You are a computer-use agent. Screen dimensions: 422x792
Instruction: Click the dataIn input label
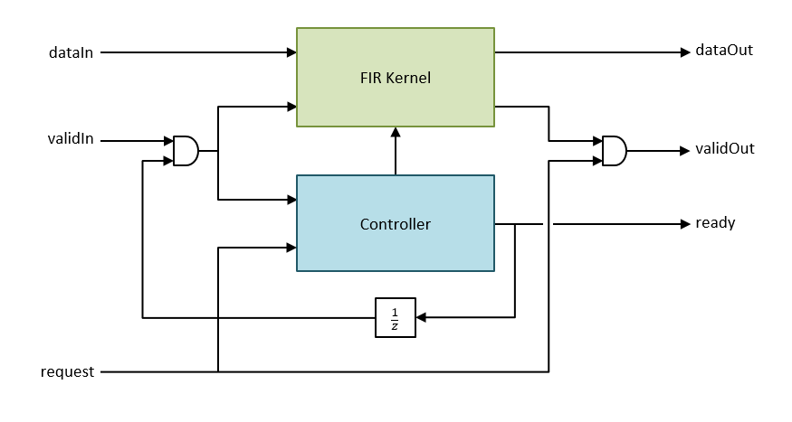[x=71, y=53]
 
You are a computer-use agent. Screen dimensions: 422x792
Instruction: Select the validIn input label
[x=72, y=140]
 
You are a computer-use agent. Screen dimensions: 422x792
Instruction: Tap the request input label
[x=68, y=371]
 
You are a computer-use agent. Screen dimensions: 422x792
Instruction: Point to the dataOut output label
[x=724, y=51]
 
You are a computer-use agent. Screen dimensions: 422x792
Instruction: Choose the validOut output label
[x=725, y=149]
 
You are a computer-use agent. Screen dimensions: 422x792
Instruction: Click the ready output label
[x=715, y=222]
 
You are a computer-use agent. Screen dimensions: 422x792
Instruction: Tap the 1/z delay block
[x=396, y=317]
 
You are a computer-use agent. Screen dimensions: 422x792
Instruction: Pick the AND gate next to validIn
[x=186, y=151]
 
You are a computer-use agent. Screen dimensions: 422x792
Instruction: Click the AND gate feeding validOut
[x=615, y=151]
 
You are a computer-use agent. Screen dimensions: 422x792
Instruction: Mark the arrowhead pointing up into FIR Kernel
[x=396, y=132]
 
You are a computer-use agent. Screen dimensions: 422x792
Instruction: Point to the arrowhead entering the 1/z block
[x=422, y=317]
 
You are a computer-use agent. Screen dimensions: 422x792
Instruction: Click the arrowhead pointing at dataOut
[x=685, y=52]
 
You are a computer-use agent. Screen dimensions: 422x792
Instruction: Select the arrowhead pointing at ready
[x=685, y=223]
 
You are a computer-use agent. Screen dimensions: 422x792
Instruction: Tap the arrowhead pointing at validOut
[x=685, y=151]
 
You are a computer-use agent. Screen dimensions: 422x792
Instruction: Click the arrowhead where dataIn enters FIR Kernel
[x=291, y=53]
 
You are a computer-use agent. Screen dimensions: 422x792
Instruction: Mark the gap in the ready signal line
[x=548, y=223]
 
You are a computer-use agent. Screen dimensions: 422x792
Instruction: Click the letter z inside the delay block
[x=396, y=325]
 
